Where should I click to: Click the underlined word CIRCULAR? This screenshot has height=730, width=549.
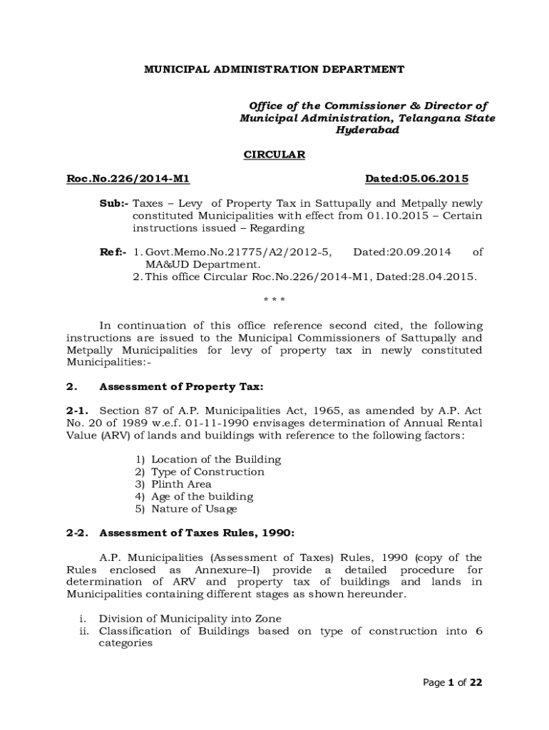[274, 155]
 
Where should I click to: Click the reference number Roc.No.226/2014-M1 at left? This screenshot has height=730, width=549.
[128, 178]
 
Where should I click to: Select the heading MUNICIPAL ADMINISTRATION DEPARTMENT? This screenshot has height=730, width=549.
[274, 69]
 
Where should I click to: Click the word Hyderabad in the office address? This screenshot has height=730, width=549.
[367, 130]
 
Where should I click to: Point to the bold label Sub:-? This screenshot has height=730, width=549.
[113, 203]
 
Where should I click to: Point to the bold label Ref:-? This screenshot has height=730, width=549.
[113, 252]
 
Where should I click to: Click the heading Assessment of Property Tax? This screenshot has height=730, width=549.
[181, 387]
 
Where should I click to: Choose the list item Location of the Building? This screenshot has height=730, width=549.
[215, 459]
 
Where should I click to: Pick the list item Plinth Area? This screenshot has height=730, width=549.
[181, 484]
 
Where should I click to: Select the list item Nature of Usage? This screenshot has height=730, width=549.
[194, 509]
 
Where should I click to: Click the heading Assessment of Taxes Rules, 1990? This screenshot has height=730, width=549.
[195, 533]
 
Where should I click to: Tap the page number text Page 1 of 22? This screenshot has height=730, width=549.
[453, 682]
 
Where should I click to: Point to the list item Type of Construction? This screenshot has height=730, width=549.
[207, 472]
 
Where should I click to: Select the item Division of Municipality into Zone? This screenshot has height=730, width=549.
[190, 619]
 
